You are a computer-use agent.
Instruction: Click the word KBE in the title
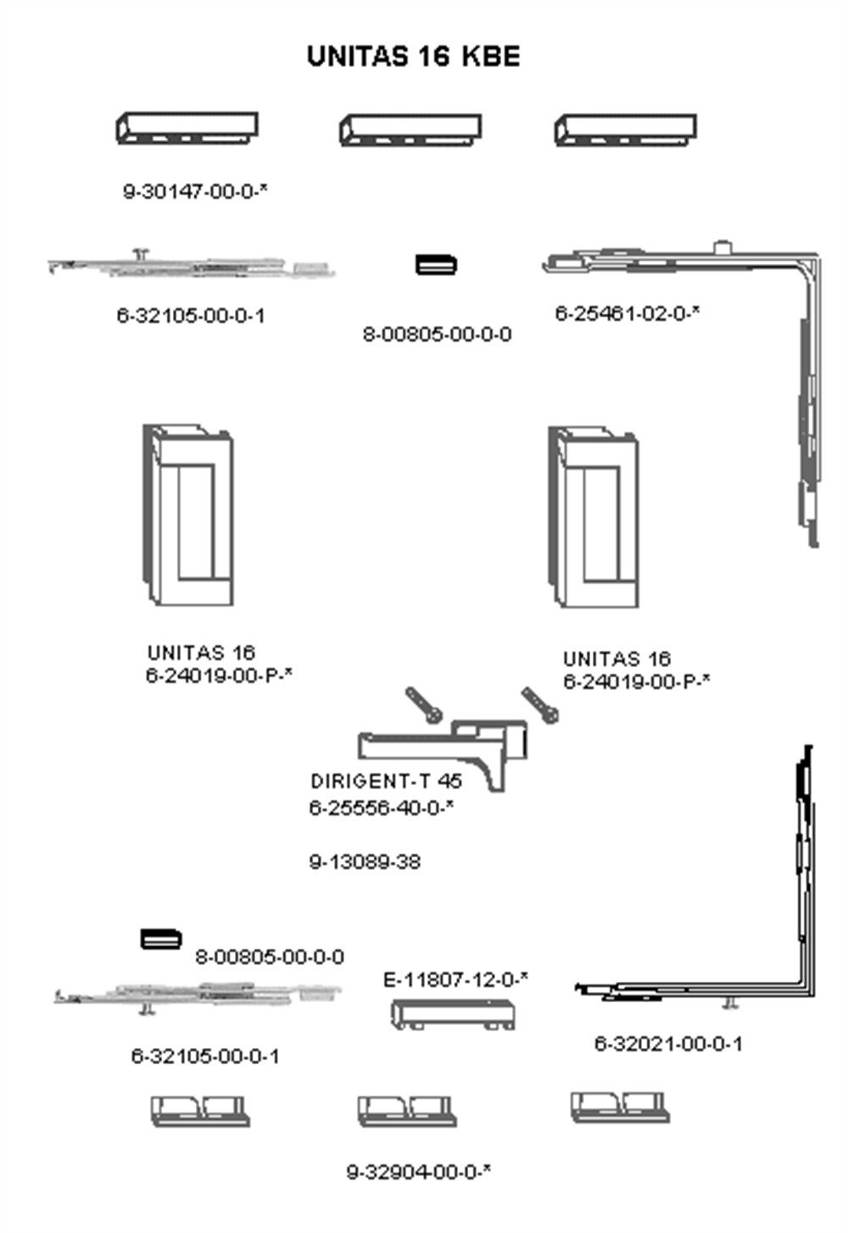tap(490, 57)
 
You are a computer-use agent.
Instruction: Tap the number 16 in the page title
tap(433, 57)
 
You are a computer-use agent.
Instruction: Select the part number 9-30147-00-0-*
tap(195, 191)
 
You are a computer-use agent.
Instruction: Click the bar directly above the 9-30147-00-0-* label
tap(187, 128)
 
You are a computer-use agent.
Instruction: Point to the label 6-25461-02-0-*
tap(627, 313)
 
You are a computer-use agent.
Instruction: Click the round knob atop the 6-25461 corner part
tap(722, 246)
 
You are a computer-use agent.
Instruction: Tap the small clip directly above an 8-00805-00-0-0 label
tap(436, 264)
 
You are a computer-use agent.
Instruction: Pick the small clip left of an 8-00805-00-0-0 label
tap(160, 939)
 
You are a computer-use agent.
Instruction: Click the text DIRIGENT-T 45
tap(386, 781)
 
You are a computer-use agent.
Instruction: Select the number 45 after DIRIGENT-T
tap(449, 781)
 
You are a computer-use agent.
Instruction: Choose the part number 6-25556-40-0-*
tap(381, 808)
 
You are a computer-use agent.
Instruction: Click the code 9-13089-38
tap(365, 861)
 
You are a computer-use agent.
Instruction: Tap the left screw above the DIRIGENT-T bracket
tap(423, 705)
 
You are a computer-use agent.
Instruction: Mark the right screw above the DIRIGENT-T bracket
tap(540, 705)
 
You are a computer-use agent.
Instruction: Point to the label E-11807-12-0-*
tap(455, 979)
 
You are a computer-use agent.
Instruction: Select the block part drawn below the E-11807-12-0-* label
tap(453, 1014)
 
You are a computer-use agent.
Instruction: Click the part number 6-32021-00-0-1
tap(668, 1043)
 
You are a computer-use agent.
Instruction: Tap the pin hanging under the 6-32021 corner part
tap(730, 1004)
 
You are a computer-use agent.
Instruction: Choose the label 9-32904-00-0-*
tap(419, 1172)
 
